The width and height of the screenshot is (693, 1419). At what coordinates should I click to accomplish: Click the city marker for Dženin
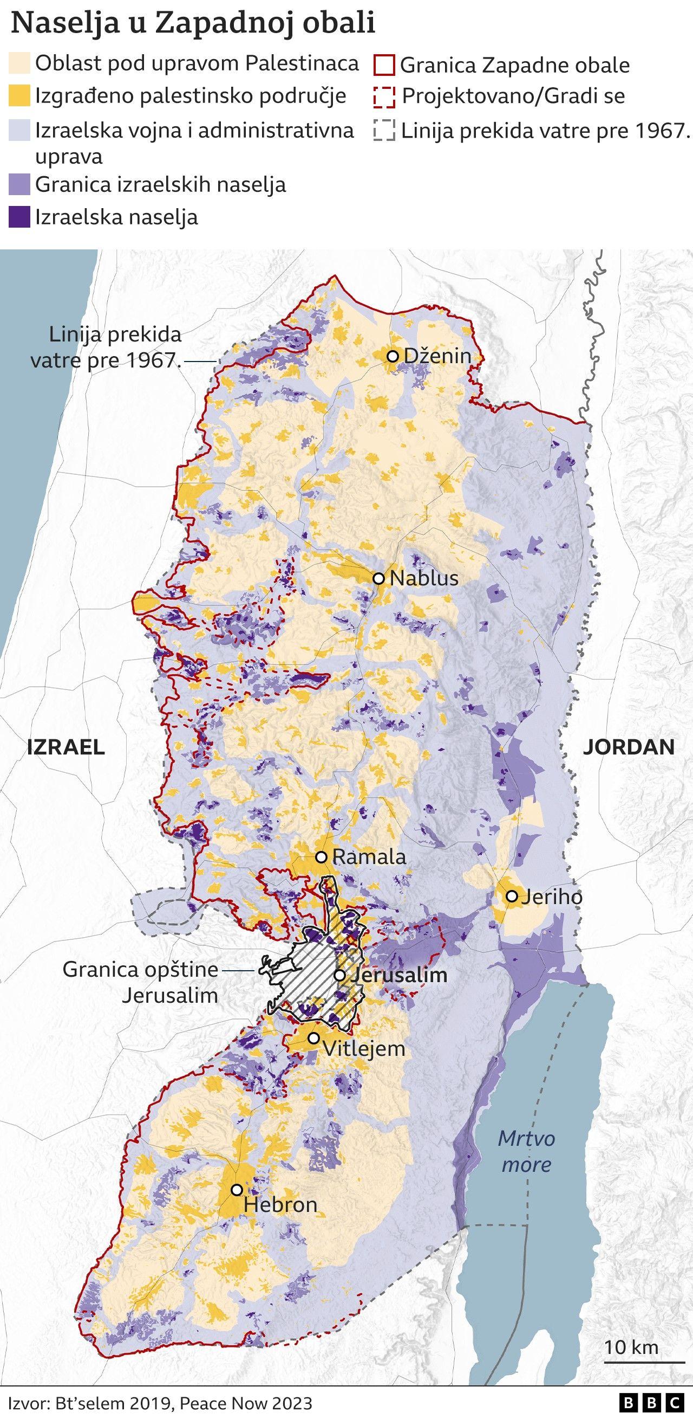pos(393,357)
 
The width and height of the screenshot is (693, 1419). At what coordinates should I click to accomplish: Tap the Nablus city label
pos(424,578)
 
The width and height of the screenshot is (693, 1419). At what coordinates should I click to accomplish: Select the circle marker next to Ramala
pos(322,857)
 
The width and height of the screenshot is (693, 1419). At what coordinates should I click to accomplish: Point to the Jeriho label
pos(552,897)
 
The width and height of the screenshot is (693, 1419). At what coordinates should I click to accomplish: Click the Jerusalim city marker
pos(340,976)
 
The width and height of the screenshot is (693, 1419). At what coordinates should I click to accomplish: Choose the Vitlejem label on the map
pos(363,1048)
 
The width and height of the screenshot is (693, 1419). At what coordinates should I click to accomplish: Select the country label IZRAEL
pos(66,747)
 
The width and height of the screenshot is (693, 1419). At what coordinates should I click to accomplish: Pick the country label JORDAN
pos(629,747)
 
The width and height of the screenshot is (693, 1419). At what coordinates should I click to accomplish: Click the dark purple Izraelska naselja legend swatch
pos(19,217)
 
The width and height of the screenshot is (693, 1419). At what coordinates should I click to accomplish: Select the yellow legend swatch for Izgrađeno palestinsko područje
pos(19,96)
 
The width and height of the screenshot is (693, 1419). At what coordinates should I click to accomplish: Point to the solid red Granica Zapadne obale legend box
pos(384,66)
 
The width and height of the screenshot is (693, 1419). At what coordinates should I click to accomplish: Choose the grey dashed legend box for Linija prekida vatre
pos(384,132)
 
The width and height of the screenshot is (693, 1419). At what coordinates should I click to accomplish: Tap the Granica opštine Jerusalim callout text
pos(140,982)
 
